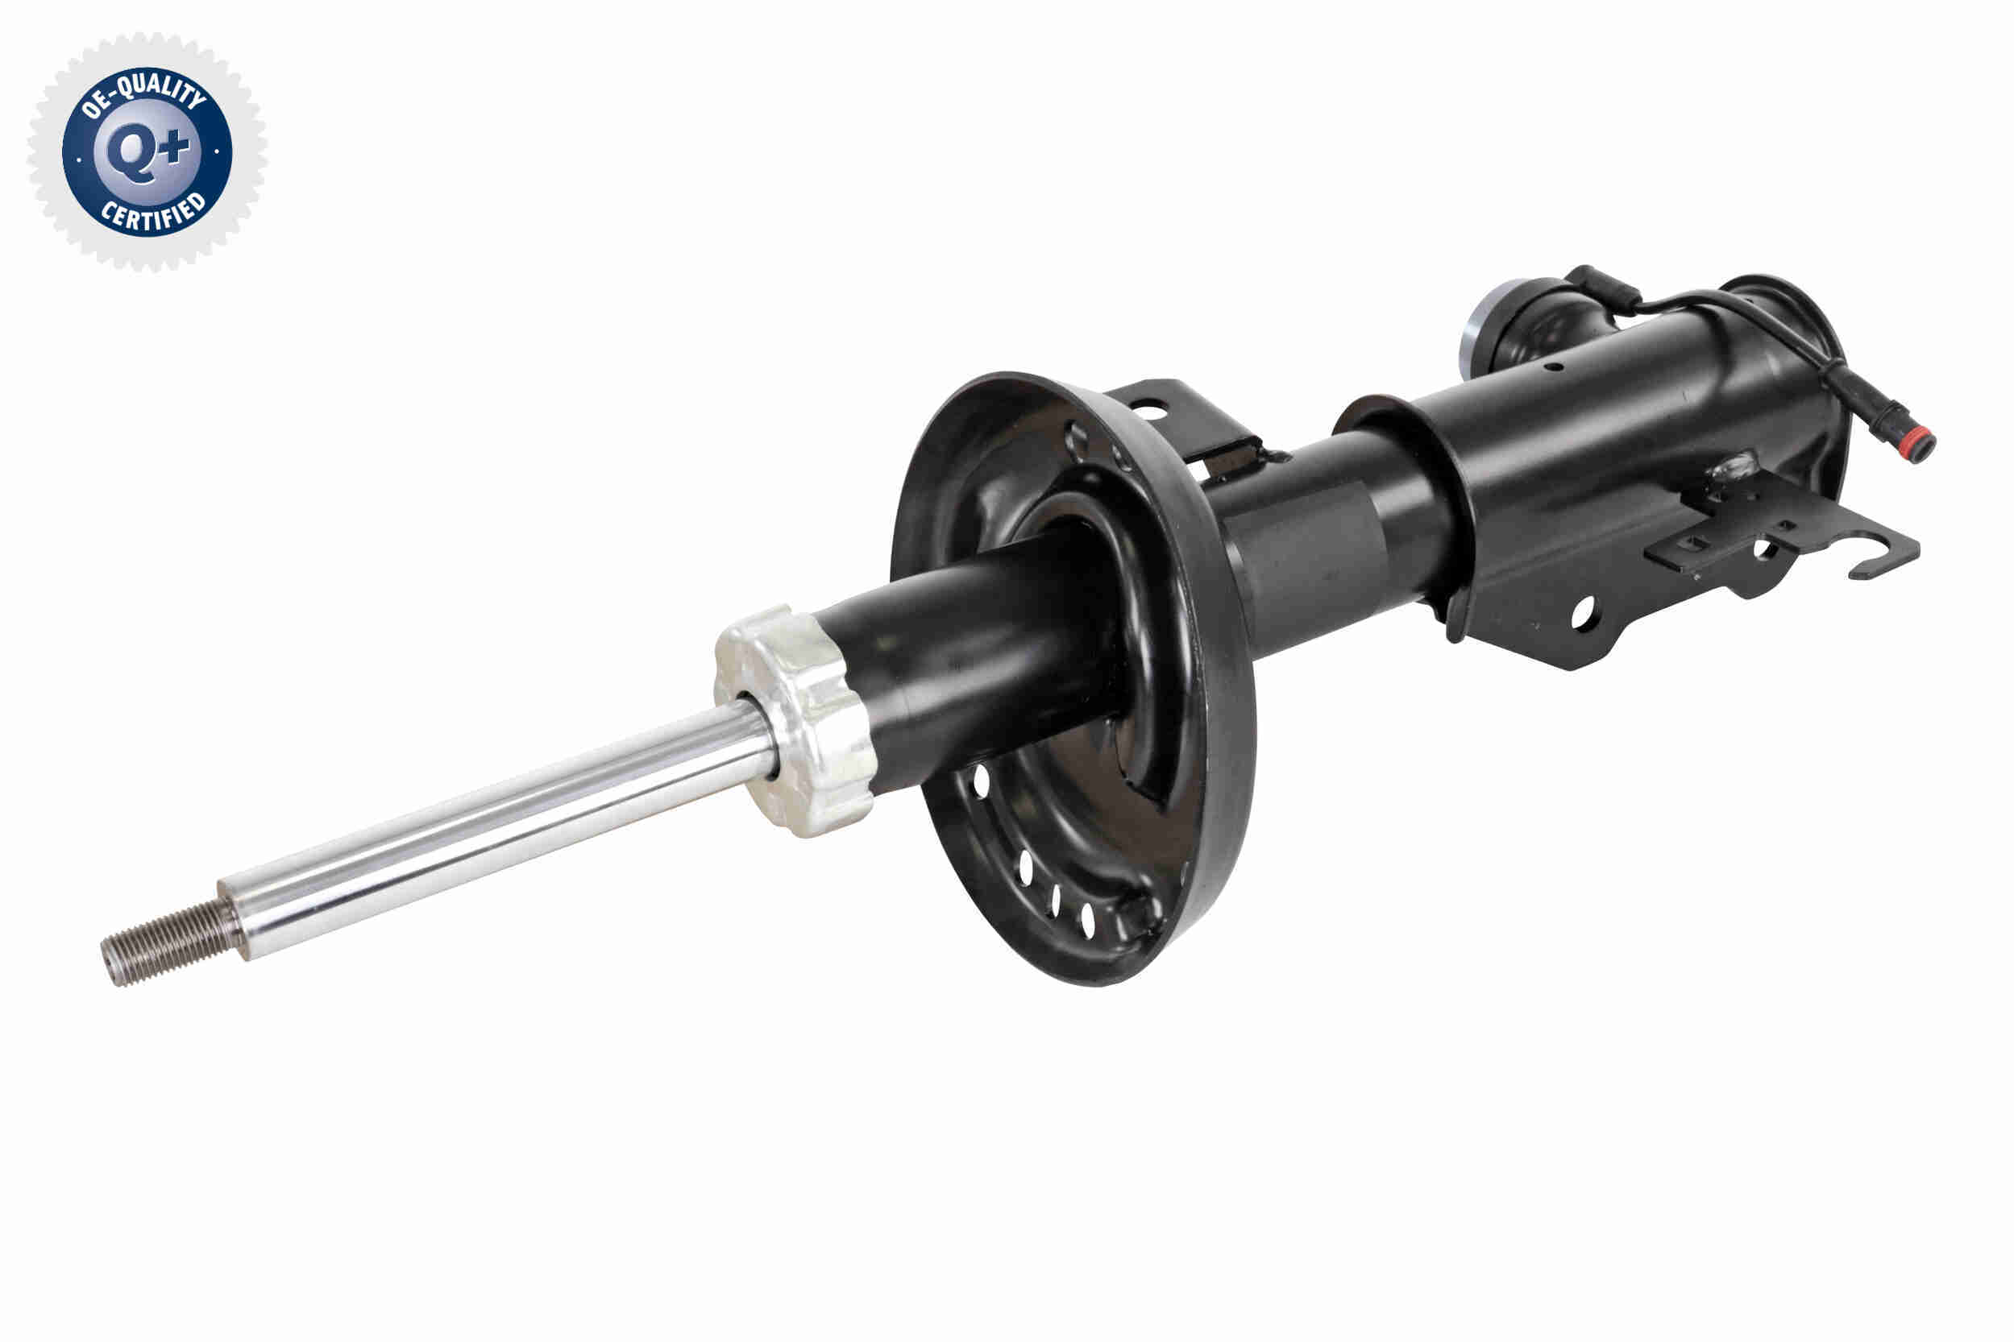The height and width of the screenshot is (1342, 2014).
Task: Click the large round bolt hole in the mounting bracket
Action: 1584,614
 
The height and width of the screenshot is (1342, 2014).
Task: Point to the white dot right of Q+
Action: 218,151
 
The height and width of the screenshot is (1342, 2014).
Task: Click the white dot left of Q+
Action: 79,159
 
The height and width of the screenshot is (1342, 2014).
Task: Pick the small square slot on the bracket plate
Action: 1694,542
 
